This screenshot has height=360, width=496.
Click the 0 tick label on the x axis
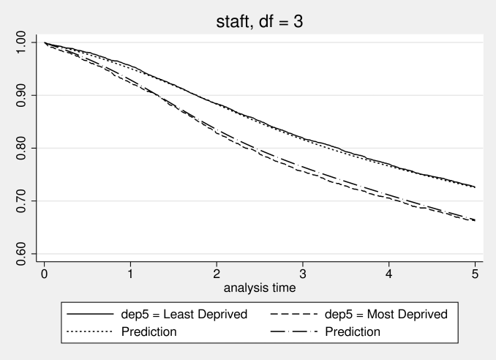(x=45, y=272)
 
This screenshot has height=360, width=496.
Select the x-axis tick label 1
(x=130, y=272)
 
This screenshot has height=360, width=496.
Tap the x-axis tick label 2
(x=217, y=272)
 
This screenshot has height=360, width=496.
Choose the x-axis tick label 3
(x=302, y=272)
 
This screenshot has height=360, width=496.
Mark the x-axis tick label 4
(x=388, y=272)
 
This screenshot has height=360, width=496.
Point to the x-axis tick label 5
(x=474, y=272)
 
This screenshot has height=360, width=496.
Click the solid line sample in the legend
(x=90, y=314)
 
